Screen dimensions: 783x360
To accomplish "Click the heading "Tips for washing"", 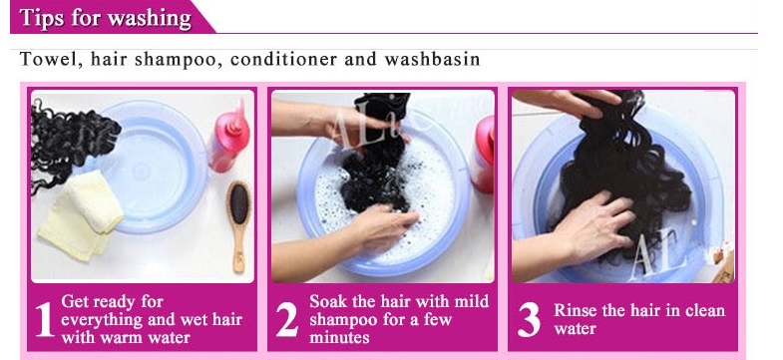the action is click(x=106, y=18).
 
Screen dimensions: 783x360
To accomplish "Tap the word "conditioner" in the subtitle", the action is click(x=283, y=60).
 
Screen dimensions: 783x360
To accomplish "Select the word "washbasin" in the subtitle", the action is click(x=433, y=60).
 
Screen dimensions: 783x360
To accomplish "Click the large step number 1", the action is click(x=44, y=320).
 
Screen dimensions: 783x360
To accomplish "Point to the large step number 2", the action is click(x=286, y=320).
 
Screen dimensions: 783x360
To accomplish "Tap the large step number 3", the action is click(x=529, y=320).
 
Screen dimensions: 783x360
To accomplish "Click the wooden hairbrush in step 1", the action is click(x=238, y=225).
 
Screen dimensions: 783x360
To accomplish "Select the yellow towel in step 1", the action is click(x=81, y=214).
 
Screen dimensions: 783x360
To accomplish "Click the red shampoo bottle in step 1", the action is click(x=229, y=137).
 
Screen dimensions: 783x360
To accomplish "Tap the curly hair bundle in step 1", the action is click(x=69, y=141).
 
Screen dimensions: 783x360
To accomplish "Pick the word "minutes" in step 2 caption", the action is click(x=339, y=337).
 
